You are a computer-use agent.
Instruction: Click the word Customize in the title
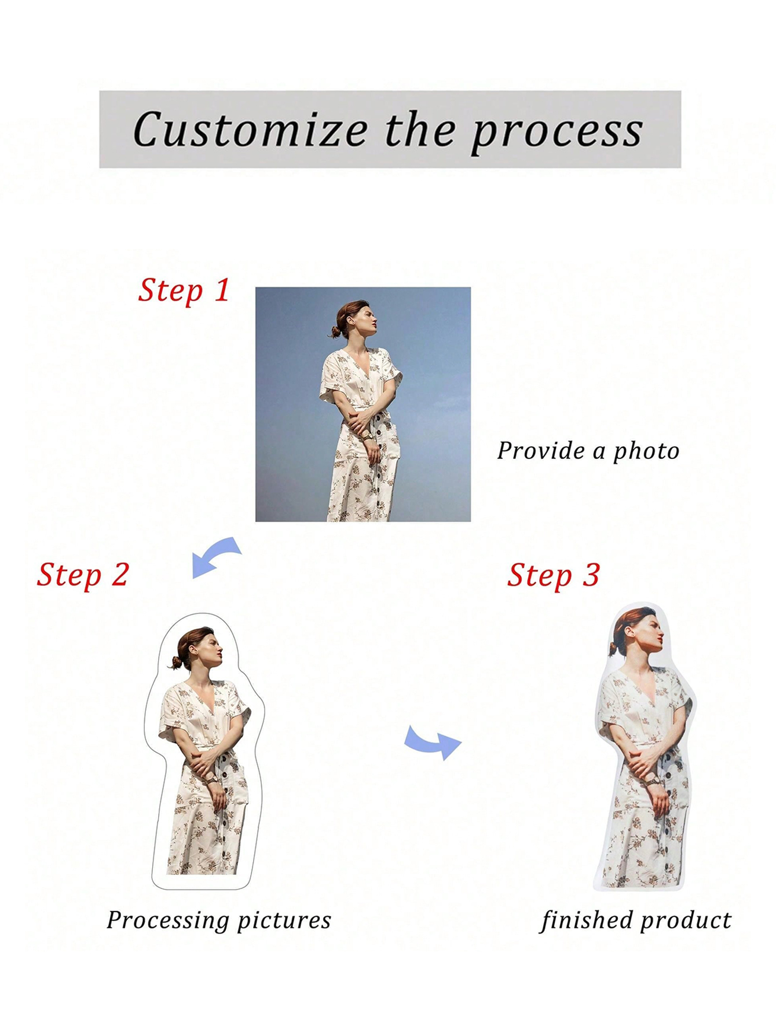(x=250, y=130)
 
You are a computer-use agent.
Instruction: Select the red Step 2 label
(x=83, y=575)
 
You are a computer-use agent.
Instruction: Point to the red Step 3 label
(x=553, y=575)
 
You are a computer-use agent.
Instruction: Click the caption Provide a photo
(x=588, y=451)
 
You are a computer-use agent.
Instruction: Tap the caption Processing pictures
(x=219, y=920)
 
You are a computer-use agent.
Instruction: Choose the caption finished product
(x=636, y=920)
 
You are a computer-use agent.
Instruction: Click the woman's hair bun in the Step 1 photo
(x=335, y=332)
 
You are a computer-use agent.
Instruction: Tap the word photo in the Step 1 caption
(x=646, y=451)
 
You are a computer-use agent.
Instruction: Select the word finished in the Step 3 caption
(x=585, y=920)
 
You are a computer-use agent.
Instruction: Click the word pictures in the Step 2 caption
(x=284, y=920)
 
